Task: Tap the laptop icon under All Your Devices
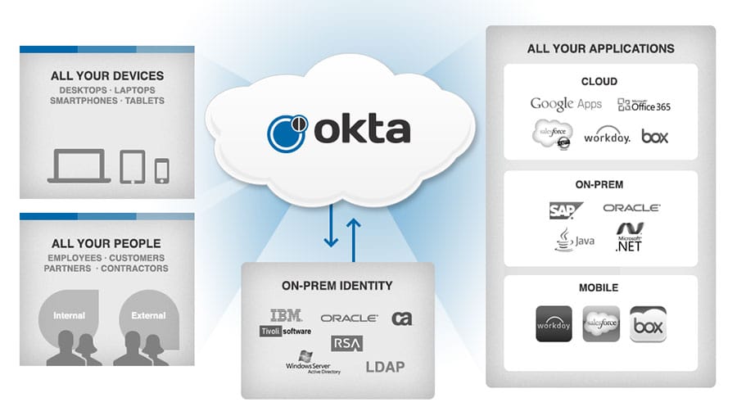pos(79,166)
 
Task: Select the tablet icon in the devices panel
pos(132,166)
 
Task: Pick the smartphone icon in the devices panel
pos(161,169)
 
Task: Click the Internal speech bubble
pos(69,315)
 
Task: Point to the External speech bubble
pos(147,315)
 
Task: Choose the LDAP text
pos(385,366)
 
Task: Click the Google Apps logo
pos(566,104)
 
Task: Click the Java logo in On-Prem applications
pos(573,239)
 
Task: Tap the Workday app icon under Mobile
pos(553,324)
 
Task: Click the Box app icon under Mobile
pos(648,324)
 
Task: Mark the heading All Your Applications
pos(600,48)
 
